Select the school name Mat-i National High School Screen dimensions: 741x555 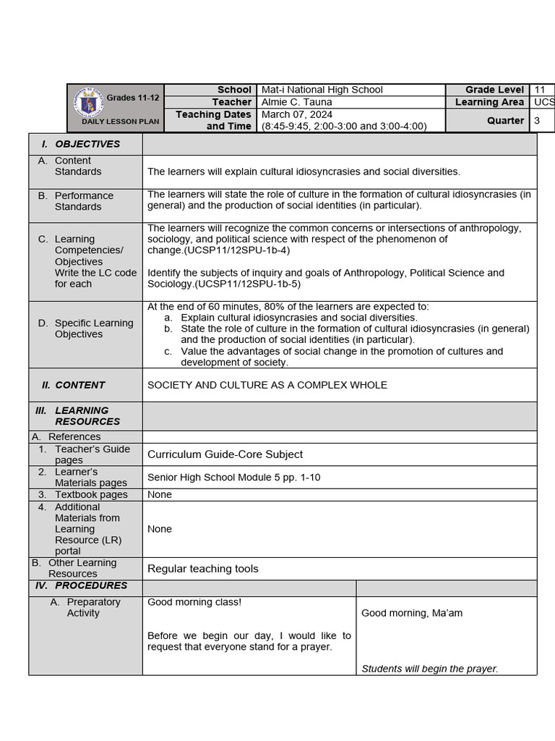coord(322,90)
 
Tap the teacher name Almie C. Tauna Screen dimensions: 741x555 coord(296,102)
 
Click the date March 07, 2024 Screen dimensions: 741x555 coord(297,114)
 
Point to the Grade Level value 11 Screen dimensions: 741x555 coord(540,90)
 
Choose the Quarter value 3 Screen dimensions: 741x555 coord(537,121)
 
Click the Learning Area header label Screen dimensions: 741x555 coord(489,102)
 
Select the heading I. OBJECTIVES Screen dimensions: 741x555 coord(87,144)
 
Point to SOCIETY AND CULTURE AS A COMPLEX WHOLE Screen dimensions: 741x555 coord(267,385)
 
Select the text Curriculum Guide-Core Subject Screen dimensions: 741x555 coord(225,454)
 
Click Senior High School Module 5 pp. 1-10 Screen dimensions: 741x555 coord(233,478)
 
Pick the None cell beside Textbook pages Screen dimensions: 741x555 coord(160,495)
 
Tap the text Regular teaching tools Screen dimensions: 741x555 coord(202,569)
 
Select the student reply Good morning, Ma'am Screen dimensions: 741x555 coord(412,614)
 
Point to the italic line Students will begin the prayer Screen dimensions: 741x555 coord(429,669)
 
